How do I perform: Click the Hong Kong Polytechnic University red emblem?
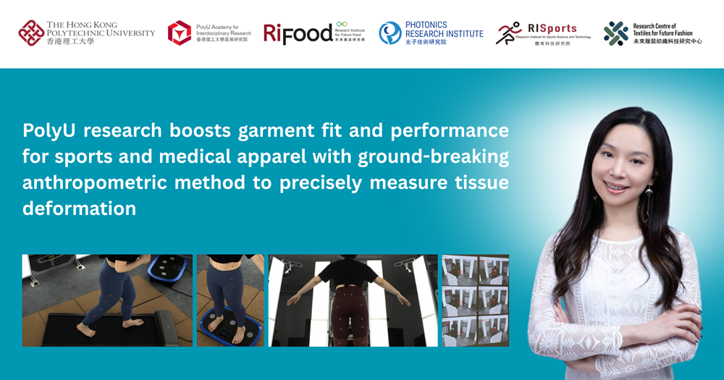pyautogui.click(x=31, y=33)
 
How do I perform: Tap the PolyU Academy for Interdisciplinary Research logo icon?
pyautogui.click(x=180, y=33)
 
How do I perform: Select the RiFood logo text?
pyautogui.click(x=297, y=33)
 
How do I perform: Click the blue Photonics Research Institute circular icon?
pyautogui.click(x=390, y=33)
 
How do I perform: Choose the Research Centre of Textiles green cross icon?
pyautogui.click(x=616, y=33)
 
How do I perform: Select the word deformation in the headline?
pyautogui.click(x=79, y=208)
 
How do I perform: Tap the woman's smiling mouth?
pyautogui.click(x=617, y=187)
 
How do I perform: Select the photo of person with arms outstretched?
pyautogui.click(x=353, y=300)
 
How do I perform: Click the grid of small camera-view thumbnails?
pyautogui.click(x=475, y=300)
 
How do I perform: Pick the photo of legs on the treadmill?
pyautogui.click(x=106, y=300)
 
